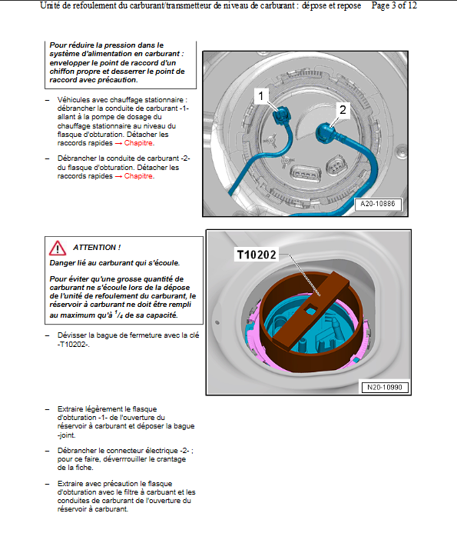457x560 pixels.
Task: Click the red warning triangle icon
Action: click(x=58, y=248)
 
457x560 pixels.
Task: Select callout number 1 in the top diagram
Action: click(x=261, y=95)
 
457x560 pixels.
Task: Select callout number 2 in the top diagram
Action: click(x=343, y=110)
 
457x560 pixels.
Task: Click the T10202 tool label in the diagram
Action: click(x=257, y=255)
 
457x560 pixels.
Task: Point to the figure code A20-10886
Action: click(x=378, y=204)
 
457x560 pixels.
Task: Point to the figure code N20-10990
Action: click(x=385, y=388)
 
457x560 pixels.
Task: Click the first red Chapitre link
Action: click(x=139, y=143)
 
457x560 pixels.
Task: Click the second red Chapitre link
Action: click(x=139, y=176)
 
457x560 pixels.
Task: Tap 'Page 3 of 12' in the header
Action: click(x=394, y=5)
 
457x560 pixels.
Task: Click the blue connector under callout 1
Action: click(x=282, y=115)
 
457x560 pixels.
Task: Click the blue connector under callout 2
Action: click(x=326, y=133)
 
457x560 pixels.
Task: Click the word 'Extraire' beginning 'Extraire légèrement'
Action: click(x=71, y=409)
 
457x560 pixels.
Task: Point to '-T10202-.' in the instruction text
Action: click(x=74, y=345)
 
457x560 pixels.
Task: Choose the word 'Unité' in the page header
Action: click(x=50, y=5)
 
